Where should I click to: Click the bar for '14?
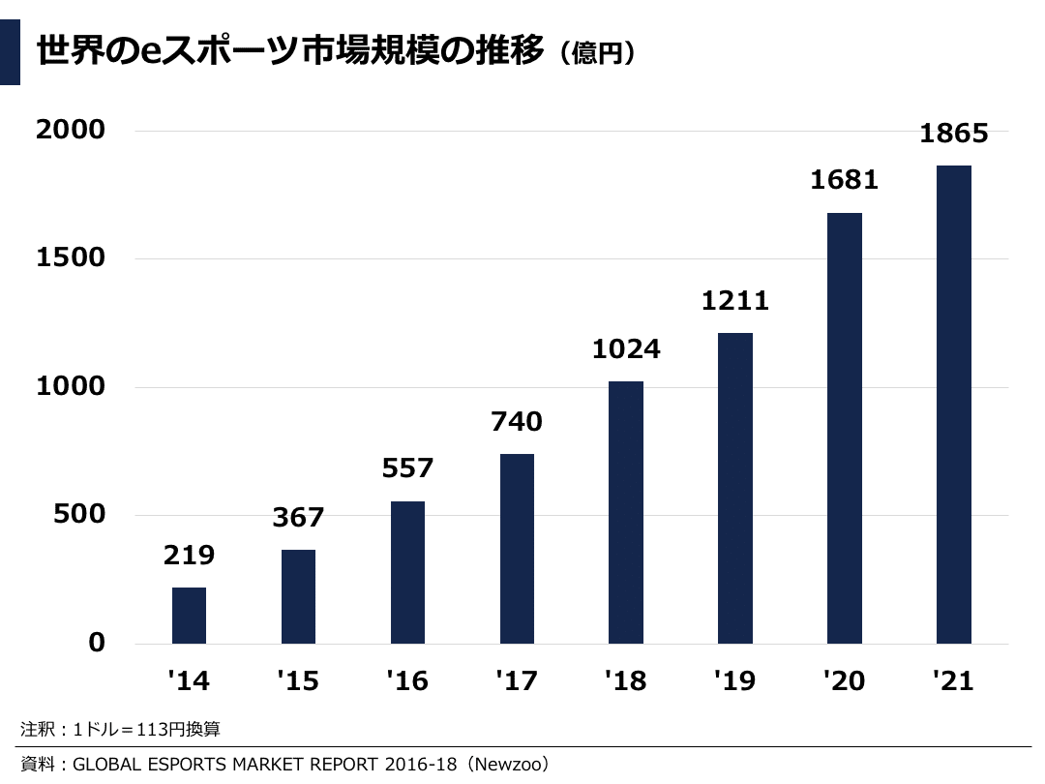(x=189, y=616)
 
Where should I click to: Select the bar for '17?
(x=517, y=549)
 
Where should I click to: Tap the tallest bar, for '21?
(x=954, y=405)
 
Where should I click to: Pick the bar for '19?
(x=735, y=489)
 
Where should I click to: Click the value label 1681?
(x=845, y=179)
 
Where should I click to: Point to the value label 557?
(x=407, y=468)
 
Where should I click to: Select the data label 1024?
(x=626, y=348)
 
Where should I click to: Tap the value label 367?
(x=298, y=518)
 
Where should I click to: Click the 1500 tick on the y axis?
(x=71, y=258)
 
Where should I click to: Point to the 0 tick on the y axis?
(x=96, y=643)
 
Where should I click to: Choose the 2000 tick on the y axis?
(x=71, y=130)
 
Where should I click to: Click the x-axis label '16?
(x=406, y=681)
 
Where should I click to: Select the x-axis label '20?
(x=844, y=681)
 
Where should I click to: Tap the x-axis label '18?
(x=625, y=681)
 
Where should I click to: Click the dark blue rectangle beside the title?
(x=10, y=52)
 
